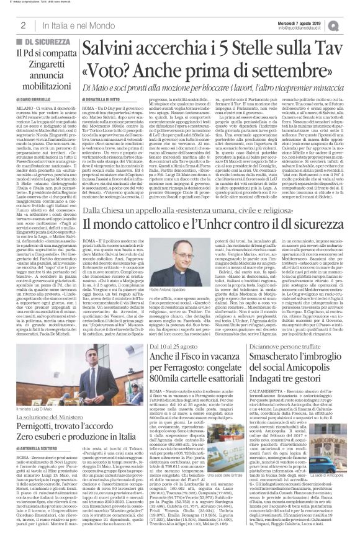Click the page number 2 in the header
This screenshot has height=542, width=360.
click(x=22, y=25)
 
